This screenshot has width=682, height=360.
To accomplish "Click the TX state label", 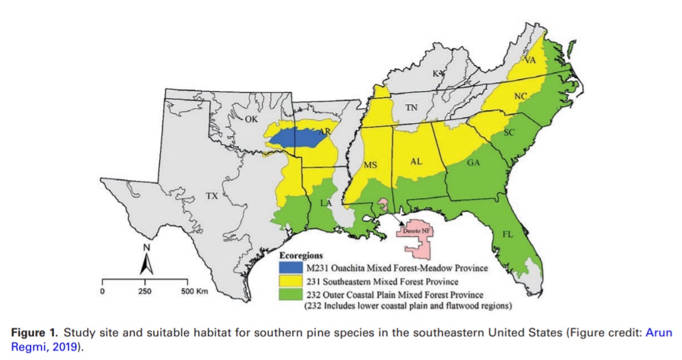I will click(x=212, y=196).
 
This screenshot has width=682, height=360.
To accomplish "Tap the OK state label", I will click(x=252, y=119).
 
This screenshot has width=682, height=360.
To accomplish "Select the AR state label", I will click(x=306, y=132).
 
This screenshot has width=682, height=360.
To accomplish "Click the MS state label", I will click(x=370, y=165).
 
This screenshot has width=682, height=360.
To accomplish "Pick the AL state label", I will click(x=417, y=162).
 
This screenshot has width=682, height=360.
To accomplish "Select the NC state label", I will click(x=521, y=97).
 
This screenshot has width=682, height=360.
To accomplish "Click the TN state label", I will click(x=411, y=108).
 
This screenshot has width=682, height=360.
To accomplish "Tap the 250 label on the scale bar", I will click(x=144, y=291).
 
